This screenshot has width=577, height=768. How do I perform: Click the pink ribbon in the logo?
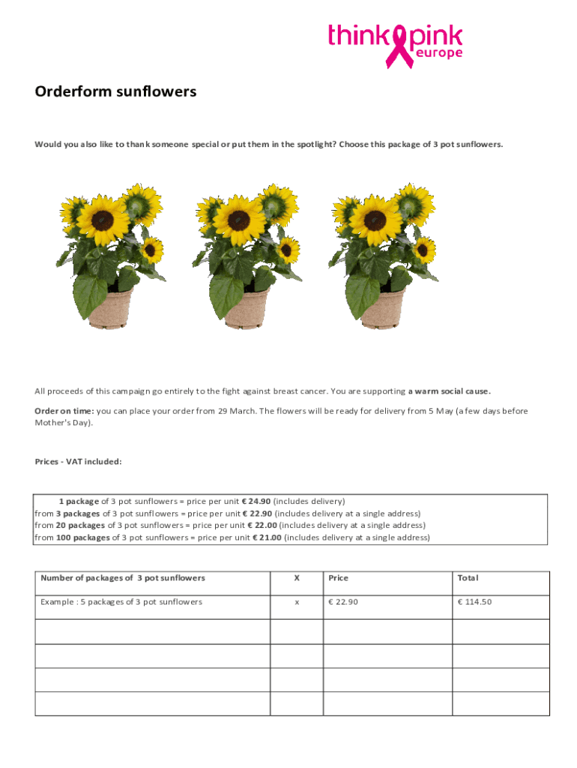[x=398, y=45]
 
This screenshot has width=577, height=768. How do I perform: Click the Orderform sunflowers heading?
[x=115, y=91]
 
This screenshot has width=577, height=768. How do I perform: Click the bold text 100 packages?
[x=83, y=537]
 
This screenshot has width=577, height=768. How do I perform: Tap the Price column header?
[x=338, y=578]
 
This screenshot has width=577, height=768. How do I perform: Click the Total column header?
[x=468, y=578]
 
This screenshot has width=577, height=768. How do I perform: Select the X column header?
[x=297, y=578]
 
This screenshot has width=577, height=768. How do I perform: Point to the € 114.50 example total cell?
[x=474, y=601]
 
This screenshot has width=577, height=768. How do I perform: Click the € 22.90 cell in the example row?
[x=343, y=601]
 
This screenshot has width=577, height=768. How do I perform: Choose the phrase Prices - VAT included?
[x=78, y=461]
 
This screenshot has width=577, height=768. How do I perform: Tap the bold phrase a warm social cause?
[x=450, y=391]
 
